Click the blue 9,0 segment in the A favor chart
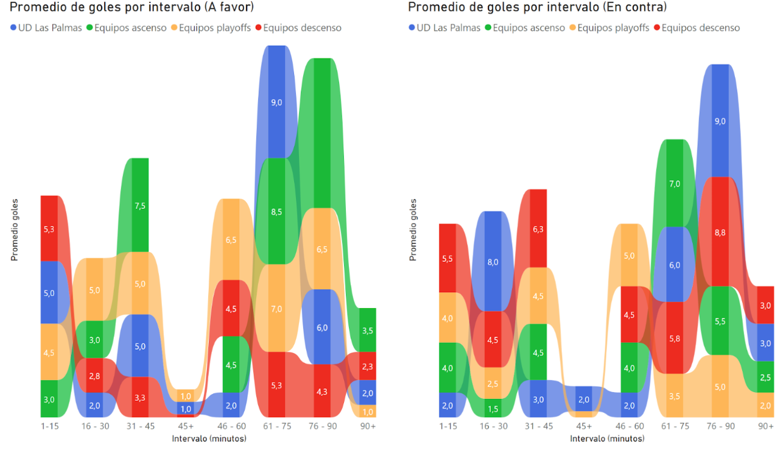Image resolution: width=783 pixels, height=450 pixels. point(276,102)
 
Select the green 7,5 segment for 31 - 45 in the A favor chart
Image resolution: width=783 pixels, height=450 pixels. point(140,205)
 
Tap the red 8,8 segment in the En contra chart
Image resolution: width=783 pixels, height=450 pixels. point(720,231)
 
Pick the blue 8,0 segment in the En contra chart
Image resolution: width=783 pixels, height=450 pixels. point(493,262)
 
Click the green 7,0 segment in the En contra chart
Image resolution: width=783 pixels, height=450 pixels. point(675,183)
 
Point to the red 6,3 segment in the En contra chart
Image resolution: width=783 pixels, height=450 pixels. point(538,229)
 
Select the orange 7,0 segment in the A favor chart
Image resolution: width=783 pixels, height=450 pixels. point(276,309)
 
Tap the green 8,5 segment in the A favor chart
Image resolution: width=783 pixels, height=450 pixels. point(276,211)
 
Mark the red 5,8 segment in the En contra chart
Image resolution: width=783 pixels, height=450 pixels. point(675,337)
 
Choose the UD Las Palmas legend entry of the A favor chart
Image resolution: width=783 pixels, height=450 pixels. point(46,27)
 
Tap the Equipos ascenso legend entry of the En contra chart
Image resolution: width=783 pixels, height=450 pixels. point(523,27)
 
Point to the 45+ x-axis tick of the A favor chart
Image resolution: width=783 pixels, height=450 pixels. point(185,426)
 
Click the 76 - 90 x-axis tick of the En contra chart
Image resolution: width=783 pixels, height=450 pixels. point(720,426)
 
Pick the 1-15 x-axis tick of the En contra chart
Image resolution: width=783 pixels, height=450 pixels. point(448,426)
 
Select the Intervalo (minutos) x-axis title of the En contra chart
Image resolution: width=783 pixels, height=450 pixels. point(606,438)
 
